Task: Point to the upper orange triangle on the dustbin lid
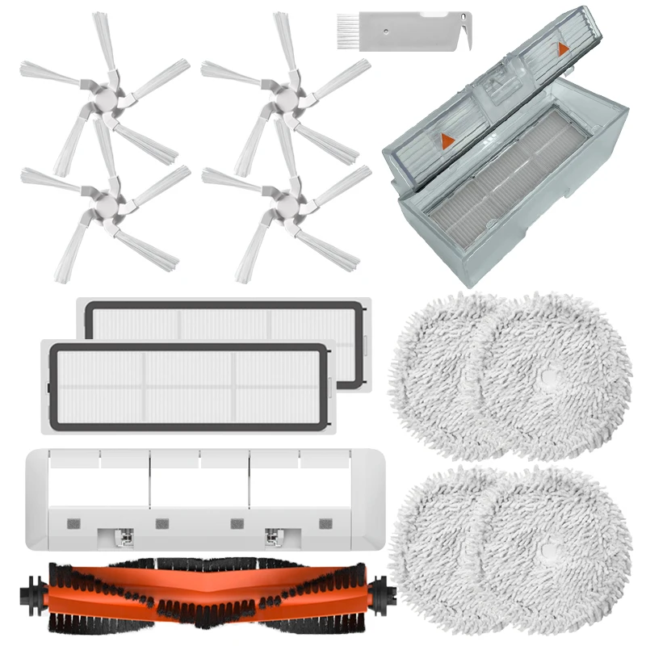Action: coord(563,49)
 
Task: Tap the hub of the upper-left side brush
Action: coord(104,99)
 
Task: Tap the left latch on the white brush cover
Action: coord(124,534)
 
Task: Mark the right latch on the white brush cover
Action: coord(273,534)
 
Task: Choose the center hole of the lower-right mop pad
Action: coord(549,553)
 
